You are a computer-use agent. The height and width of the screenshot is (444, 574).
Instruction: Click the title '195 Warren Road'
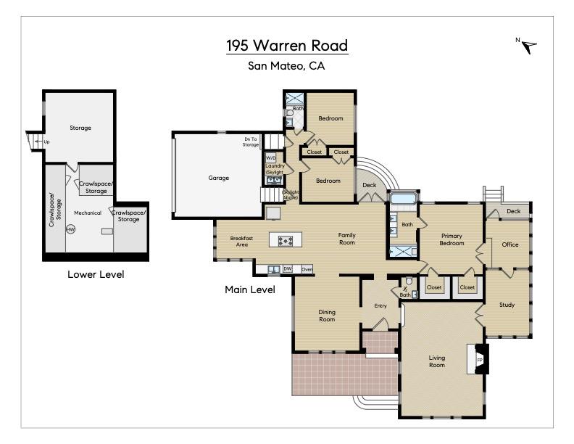click(x=287, y=46)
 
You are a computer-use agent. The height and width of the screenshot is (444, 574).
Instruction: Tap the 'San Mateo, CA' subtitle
click(x=287, y=66)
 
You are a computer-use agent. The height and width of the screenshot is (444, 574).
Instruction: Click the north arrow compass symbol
click(x=529, y=46)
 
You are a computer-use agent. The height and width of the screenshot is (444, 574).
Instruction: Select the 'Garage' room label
click(x=219, y=178)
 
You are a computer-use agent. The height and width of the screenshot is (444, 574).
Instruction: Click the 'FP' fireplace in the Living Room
click(x=480, y=360)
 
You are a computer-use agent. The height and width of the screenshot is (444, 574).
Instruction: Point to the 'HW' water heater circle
click(x=70, y=229)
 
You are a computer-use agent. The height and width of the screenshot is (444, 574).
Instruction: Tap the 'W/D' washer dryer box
click(x=271, y=157)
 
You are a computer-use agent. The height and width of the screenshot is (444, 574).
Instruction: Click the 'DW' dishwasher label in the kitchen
click(x=288, y=269)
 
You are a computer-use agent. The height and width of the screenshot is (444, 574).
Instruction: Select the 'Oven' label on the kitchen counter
click(x=307, y=269)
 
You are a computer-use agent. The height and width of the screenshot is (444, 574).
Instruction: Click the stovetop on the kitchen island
click(x=282, y=240)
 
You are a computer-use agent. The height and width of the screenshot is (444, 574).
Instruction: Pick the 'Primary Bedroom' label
click(x=452, y=240)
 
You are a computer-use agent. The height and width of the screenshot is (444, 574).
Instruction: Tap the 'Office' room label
click(x=510, y=244)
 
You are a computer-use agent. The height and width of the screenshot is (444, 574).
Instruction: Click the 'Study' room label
click(x=507, y=305)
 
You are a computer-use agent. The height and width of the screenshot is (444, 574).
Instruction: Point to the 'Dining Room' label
click(x=327, y=316)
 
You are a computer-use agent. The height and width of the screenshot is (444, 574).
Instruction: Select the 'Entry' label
click(x=380, y=305)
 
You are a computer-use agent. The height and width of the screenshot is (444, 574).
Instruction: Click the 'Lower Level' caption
click(x=96, y=274)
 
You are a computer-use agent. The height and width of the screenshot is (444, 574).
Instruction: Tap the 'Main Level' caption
click(x=250, y=289)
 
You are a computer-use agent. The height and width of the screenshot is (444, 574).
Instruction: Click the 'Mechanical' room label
click(x=88, y=213)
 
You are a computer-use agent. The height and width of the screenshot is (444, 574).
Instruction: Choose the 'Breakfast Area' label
click(x=241, y=242)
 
